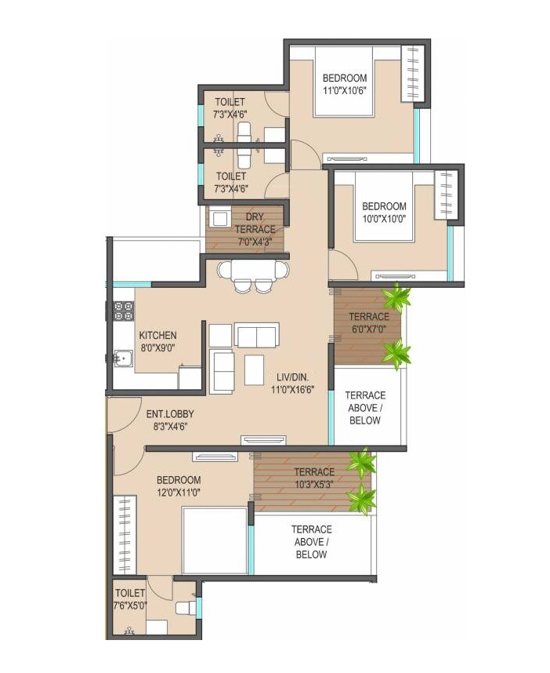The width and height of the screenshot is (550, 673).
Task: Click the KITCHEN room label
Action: coord(157,335)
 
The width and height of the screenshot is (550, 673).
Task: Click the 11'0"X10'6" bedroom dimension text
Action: coord(345,90)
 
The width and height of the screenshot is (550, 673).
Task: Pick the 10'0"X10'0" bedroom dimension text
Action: coord(383,220)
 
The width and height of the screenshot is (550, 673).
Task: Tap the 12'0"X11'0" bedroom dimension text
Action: coord(178,493)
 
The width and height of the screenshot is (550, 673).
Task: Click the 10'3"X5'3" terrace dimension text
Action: coord(313,484)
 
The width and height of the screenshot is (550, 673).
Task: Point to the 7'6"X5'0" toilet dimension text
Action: coord(131,605)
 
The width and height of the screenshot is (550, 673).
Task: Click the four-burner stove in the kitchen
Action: coord(125,310)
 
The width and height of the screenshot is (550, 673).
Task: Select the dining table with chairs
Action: coord(251,275)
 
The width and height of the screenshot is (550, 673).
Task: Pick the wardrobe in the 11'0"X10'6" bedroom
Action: coord(411,73)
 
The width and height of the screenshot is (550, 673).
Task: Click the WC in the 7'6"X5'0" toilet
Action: coord(184,607)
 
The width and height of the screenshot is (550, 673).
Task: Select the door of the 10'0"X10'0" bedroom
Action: coord(342,265)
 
